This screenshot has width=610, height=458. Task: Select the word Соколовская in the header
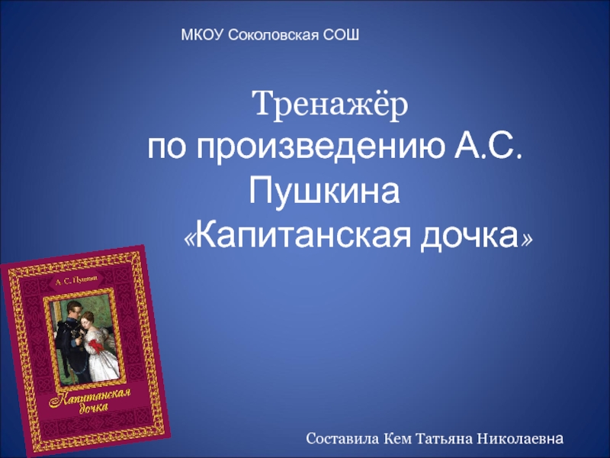(275, 34)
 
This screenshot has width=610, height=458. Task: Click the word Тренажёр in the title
(330, 102)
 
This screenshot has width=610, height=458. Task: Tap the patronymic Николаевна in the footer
(522, 439)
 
